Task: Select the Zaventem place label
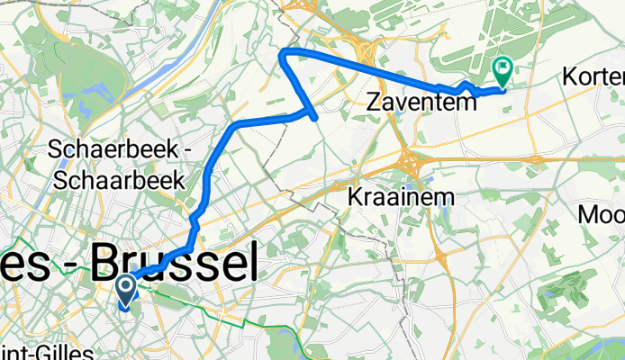pos(422,103)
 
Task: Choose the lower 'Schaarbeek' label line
pos(119,180)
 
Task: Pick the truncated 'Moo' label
pos(602,215)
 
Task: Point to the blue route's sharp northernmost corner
pos(284,52)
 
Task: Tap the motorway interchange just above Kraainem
pos(409,162)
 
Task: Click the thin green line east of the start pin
pos(207,305)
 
